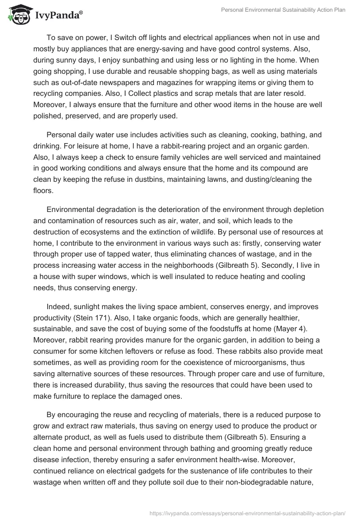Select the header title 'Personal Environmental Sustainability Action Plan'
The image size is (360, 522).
click(284, 10)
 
